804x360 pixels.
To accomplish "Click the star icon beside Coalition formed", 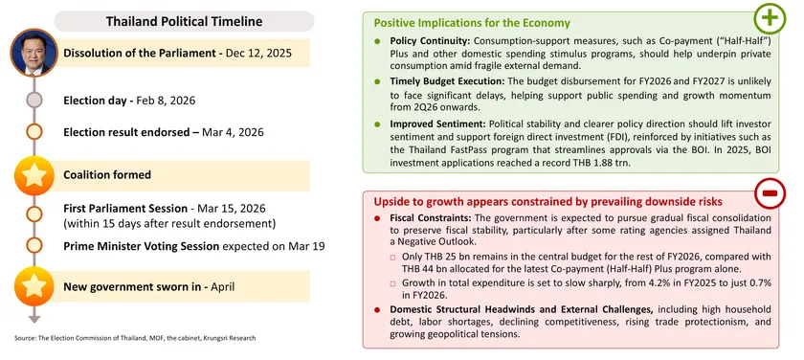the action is click(x=33, y=175).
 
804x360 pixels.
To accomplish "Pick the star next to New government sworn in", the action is click(x=33, y=286).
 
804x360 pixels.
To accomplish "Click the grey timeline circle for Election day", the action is click(x=33, y=100).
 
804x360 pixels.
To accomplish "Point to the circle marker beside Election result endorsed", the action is click(x=33, y=132).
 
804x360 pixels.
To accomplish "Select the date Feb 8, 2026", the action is click(x=167, y=100).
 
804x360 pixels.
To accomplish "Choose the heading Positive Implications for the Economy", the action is click(x=472, y=22).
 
